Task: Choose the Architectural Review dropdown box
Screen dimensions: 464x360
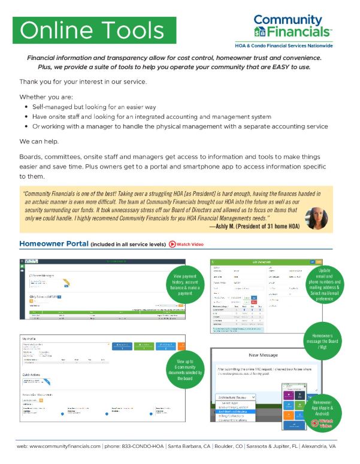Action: pos(237,396)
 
